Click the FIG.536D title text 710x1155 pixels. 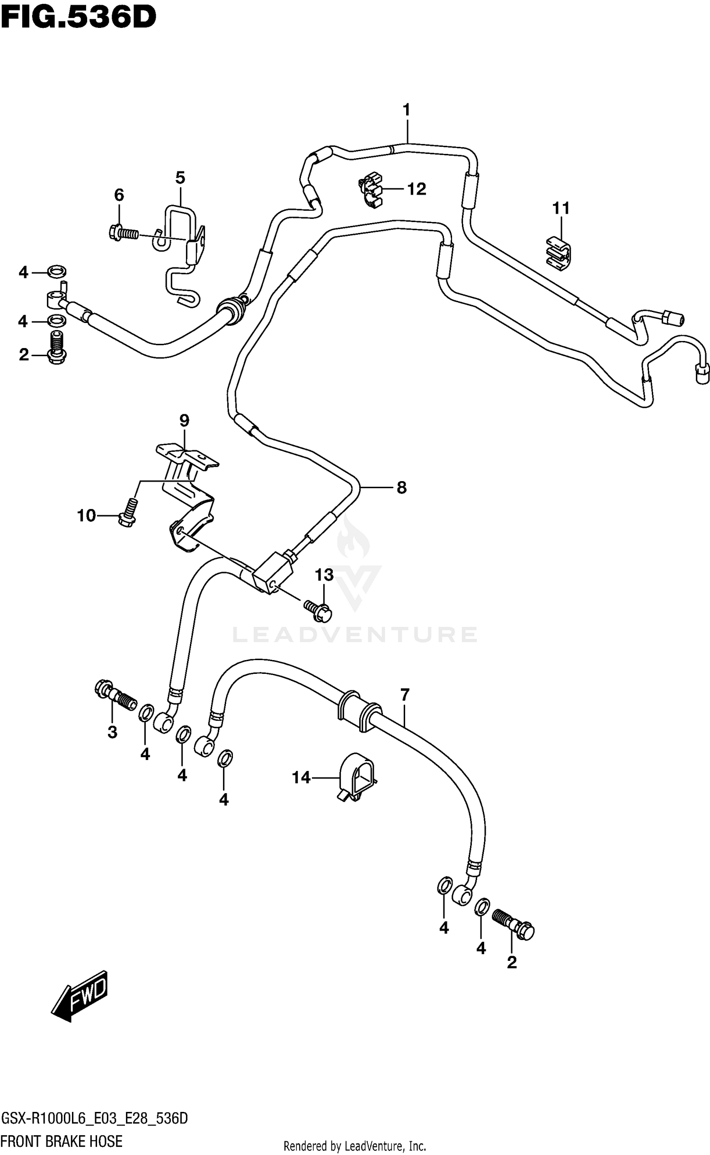point(78,18)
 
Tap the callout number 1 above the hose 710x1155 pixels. point(406,110)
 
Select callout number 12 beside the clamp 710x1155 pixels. point(417,189)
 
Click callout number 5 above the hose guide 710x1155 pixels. point(180,178)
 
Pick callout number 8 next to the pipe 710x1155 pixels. point(401,487)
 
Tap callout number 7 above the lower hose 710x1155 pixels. point(404,695)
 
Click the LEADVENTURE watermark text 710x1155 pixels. point(355,635)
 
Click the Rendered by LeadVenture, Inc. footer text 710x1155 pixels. point(355,1143)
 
